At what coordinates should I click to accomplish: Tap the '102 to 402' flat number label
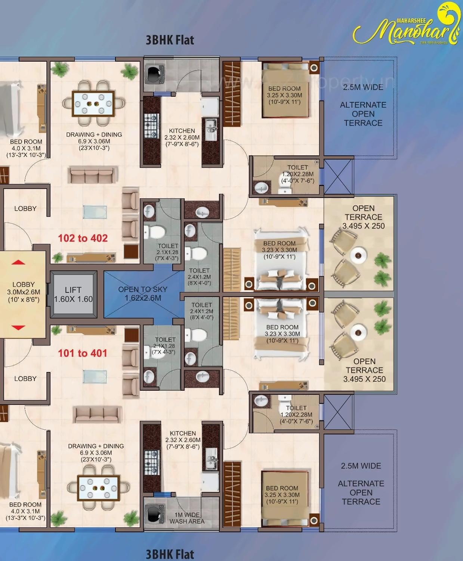click(83, 238)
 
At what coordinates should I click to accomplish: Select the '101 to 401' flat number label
click(82, 353)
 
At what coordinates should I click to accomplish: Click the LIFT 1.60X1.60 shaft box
click(73, 294)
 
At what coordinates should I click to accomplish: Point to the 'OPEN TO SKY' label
click(143, 289)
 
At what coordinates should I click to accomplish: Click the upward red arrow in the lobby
click(18, 262)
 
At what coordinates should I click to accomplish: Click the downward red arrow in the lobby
click(18, 328)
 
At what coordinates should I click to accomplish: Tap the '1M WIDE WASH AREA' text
click(187, 518)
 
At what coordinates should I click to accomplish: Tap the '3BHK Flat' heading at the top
click(170, 40)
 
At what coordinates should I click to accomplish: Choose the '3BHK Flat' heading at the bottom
click(170, 554)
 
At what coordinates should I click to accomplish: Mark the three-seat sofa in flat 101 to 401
click(97, 414)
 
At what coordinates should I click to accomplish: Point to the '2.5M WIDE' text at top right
click(363, 87)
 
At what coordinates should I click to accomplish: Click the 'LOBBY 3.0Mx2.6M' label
click(24, 292)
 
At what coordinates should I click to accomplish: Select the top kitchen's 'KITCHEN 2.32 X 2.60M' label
click(182, 137)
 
